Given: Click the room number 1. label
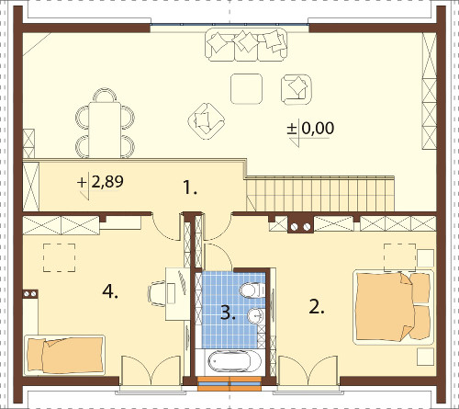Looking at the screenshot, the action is tap(190, 187).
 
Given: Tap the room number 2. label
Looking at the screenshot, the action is tap(317, 307).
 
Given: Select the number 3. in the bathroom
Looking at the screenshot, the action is tap(228, 312).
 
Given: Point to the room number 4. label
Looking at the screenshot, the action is tap(110, 291).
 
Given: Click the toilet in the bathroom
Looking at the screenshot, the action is tap(252, 290).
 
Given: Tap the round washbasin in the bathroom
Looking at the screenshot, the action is tap(255, 315).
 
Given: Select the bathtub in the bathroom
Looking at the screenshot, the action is tap(234, 362).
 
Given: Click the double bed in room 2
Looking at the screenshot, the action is tap(394, 307).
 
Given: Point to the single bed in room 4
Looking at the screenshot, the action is tap(65, 355).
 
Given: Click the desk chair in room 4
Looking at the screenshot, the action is tap(157, 293).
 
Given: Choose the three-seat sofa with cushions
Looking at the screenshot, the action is tap(246, 45).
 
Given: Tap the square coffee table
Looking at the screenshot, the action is tap(246, 88).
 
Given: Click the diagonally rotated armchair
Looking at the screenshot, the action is tap(207, 120).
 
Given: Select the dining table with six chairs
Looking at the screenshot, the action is tap(105, 123).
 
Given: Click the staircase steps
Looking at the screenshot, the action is tap(319, 195).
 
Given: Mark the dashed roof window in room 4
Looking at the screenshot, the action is tap(60, 257).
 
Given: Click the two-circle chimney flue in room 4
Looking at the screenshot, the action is tap(30, 294).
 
